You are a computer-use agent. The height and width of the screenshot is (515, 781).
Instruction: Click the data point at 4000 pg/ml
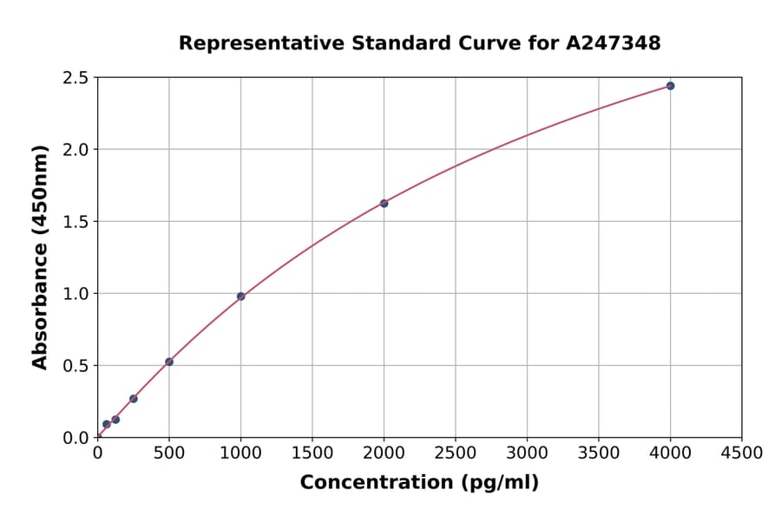click(x=670, y=86)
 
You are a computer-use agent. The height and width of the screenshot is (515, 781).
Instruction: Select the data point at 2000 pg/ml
click(x=384, y=203)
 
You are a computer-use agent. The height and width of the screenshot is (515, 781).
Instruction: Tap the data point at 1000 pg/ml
click(x=240, y=297)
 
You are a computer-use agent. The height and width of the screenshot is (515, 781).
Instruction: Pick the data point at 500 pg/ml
click(x=169, y=362)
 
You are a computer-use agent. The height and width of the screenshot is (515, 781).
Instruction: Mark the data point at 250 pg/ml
click(x=134, y=399)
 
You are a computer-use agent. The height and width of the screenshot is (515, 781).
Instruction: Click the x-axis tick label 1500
click(x=312, y=453)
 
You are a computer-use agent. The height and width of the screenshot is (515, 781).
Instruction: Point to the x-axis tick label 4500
click(x=741, y=453)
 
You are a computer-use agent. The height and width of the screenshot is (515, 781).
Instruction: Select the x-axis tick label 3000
click(x=527, y=453)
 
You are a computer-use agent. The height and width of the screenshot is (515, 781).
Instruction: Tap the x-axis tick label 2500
click(x=456, y=453)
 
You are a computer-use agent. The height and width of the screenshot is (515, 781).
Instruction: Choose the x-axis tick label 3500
click(x=599, y=453)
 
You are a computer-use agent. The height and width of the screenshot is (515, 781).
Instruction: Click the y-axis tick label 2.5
click(x=76, y=78)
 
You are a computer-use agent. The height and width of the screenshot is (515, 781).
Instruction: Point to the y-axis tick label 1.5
click(x=76, y=222)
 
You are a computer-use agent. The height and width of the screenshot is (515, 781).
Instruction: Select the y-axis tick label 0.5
click(x=76, y=366)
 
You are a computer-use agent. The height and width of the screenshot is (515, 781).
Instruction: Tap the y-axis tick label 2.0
click(x=76, y=150)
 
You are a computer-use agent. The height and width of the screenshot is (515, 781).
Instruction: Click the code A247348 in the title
click(x=614, y=43)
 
